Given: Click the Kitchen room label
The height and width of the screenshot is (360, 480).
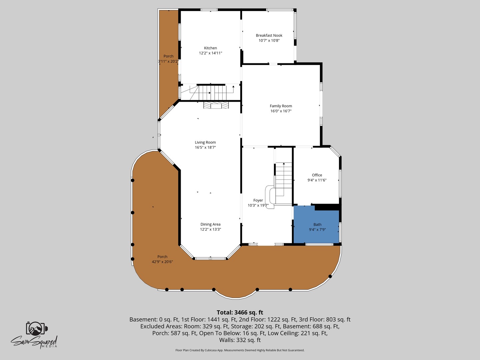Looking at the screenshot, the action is (210, 48).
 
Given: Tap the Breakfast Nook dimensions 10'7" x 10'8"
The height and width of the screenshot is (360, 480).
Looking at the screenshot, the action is (269, 40).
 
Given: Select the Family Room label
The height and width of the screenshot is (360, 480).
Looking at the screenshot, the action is (281, 106).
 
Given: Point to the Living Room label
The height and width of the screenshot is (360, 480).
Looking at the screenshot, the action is (205, 142).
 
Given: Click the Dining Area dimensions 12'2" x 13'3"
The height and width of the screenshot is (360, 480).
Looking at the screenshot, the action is (210, 229).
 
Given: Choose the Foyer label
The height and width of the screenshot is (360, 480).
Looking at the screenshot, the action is (258, 200).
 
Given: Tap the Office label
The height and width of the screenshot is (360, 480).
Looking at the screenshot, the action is (317, 175).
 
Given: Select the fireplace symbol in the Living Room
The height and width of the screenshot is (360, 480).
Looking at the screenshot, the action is (216, 105).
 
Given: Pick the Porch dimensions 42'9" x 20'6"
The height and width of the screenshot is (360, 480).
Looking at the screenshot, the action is (162, 262).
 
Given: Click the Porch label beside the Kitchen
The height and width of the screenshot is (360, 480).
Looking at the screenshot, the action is (168, 56).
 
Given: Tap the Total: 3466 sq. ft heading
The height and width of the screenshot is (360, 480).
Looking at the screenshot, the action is (240, 312).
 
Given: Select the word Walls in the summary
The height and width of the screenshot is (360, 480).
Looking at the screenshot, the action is (226, 340).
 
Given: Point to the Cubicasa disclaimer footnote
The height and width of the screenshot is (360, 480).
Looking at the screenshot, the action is (240, 350).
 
